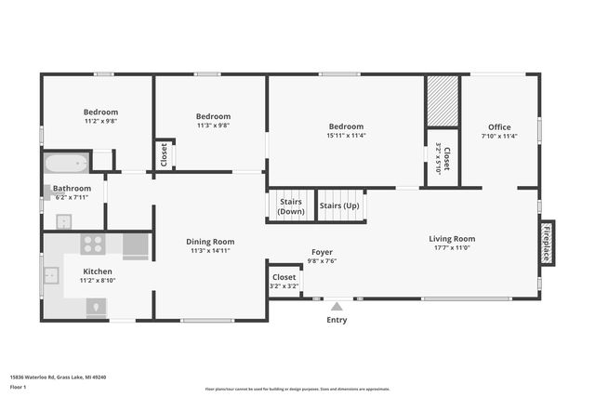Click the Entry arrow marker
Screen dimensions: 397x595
(x=337, y=306)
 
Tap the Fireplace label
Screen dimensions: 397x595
(x=548, y=242)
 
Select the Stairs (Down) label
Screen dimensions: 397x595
(x=290, y=205)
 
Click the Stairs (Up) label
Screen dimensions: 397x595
(x=339, y=205)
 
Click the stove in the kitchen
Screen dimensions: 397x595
(x=93, y=245)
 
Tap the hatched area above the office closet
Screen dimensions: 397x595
(x=443, y=100)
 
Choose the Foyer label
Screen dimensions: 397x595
(x=322, y=252)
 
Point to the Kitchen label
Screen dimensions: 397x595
(x=98, y=271)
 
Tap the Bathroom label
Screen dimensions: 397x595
(x=72, y=189)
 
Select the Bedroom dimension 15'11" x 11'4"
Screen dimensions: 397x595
(x=346, y=136)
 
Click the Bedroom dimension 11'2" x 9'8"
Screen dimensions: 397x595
(x=101, y=121)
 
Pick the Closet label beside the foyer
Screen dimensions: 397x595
(x=284, y=277)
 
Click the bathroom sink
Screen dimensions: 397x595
(x=63, y=221)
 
